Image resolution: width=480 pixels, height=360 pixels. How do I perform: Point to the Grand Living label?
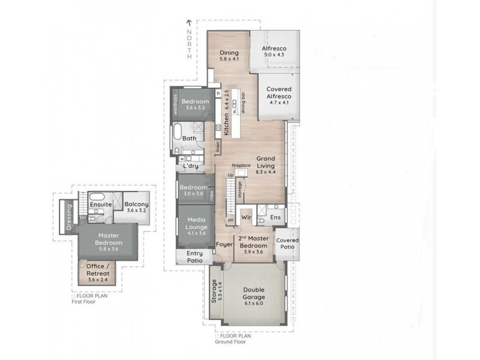coord(266,163)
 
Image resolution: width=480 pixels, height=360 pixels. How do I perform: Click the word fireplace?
coord(241,165)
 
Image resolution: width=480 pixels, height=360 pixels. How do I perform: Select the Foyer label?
coord(224,245)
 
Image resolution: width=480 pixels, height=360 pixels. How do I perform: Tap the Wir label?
coord(245,217)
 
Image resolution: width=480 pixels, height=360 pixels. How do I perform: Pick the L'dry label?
coord(191,166)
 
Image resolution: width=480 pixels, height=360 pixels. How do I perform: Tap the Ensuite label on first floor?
coord(100,204)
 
